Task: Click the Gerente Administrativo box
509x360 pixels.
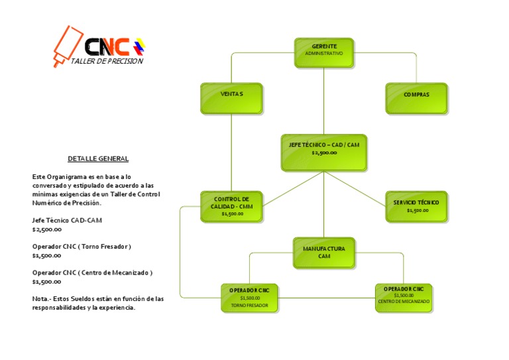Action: point(324,52)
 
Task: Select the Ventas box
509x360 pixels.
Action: point(231,97)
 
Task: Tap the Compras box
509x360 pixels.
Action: point(416,97)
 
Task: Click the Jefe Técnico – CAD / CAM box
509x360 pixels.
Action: point(324,152)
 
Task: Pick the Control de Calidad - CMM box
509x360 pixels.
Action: point(231,206)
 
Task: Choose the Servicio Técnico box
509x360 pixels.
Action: point(416,206)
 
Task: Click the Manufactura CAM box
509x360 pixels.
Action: point(324,252)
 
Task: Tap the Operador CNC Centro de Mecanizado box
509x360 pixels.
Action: point(403,298)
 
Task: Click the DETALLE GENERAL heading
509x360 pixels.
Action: point(98,159)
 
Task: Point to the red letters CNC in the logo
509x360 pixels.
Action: point(107,47)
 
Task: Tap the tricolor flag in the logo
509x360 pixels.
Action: point(139,47)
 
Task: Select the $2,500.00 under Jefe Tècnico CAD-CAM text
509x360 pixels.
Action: point(47,229)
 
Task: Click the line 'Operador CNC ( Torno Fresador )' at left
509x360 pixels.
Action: point(82,247)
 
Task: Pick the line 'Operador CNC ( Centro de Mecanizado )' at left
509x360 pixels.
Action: point(93,272)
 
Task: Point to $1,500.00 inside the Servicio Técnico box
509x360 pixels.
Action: point(418,211)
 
